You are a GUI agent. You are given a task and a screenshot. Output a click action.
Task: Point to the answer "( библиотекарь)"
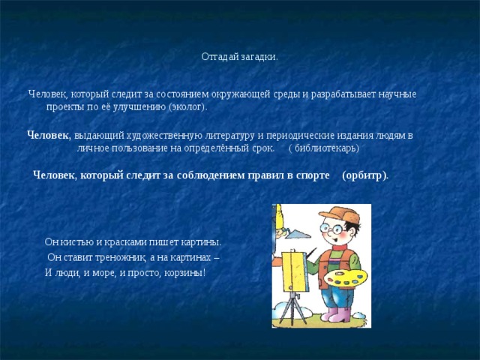point(324,148)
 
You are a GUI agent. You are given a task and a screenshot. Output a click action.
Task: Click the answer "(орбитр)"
point(364,175)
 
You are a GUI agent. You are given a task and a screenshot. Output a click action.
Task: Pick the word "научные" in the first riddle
point(394,94)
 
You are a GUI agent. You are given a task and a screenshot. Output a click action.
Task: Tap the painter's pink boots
point(337,314)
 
